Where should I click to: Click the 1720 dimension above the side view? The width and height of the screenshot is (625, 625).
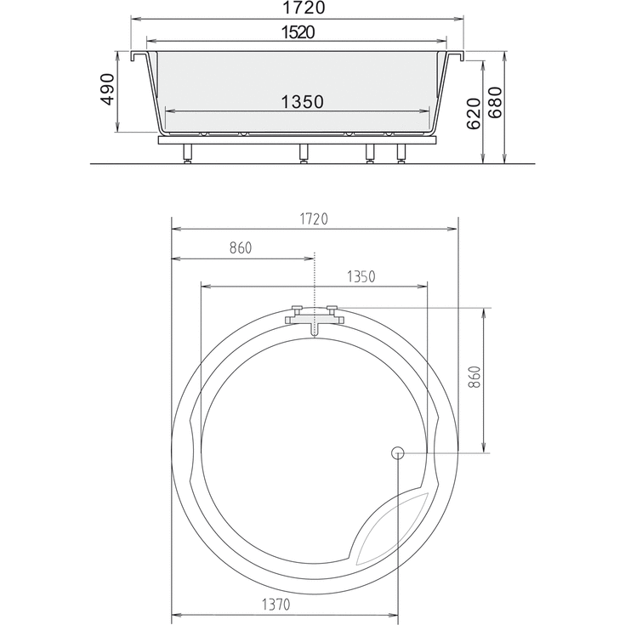coord(297,9)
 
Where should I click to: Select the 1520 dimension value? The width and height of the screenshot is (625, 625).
coord(297,33)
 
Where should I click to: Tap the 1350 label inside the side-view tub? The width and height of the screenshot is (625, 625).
coord(301,102)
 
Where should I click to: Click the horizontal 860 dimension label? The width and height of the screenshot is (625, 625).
coord(241,249)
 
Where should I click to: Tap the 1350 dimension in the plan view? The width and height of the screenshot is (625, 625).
coord(360,277)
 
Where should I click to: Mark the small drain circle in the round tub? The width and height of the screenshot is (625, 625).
coord(397,453)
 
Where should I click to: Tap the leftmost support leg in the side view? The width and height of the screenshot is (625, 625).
coord(186,156)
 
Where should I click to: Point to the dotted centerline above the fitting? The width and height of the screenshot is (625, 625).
coord(314,276)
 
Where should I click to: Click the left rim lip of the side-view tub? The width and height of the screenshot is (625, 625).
coord(139,56)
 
